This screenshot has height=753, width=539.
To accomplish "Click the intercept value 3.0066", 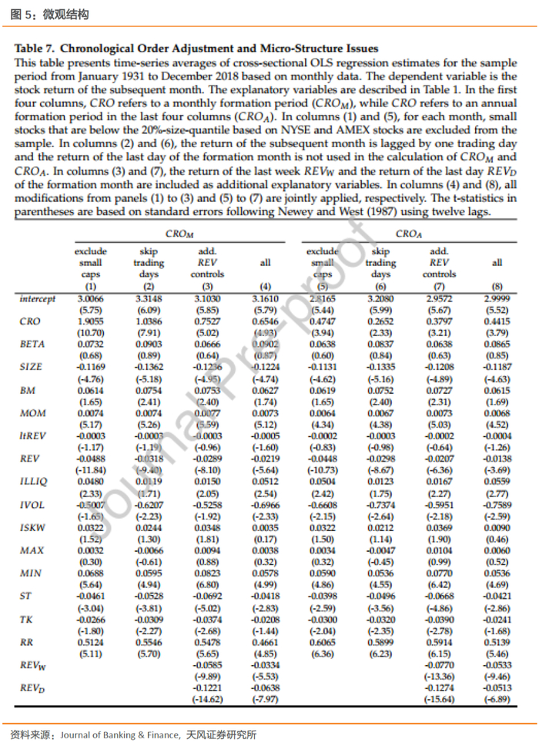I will [x=91, y=298].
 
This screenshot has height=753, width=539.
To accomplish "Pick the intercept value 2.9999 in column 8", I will [x=497, y=298].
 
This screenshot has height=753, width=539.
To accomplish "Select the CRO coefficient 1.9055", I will [x=91, y=321].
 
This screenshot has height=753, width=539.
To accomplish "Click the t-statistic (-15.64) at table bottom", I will [x=439, y=700].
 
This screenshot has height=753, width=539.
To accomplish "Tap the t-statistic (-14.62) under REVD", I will [x=206, y=700].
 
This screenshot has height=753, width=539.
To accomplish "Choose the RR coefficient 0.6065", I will [x=322, y=642].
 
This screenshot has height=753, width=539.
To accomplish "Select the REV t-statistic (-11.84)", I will [x=91, y=470].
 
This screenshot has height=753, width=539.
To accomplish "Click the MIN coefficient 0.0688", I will [x=91, y=573].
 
